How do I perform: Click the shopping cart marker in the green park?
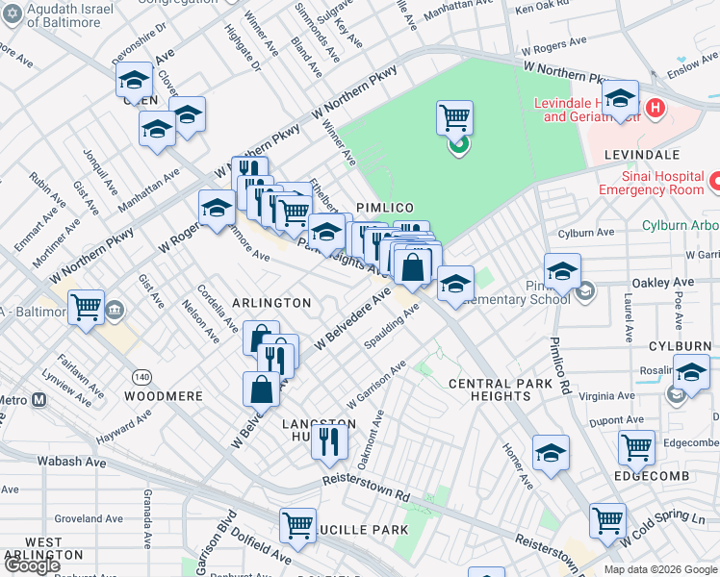(x=454, y=119)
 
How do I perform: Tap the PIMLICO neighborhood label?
(x=385, y=208)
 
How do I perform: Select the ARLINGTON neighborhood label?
(x=270, y=302)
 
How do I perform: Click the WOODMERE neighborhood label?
(x=163, y=396)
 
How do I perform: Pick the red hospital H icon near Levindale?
(x=656, y=107)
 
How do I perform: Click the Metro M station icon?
(x=39, y=400)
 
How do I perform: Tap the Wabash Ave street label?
(x=72, y=461)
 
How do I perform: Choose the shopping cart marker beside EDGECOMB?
(x=636, y=447)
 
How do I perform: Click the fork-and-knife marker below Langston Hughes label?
(x=329, y=441)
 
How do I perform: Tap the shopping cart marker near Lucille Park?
(x=297, y=526)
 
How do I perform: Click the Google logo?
(x=32, y=565)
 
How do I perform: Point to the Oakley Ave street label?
(x=662, y=283)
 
